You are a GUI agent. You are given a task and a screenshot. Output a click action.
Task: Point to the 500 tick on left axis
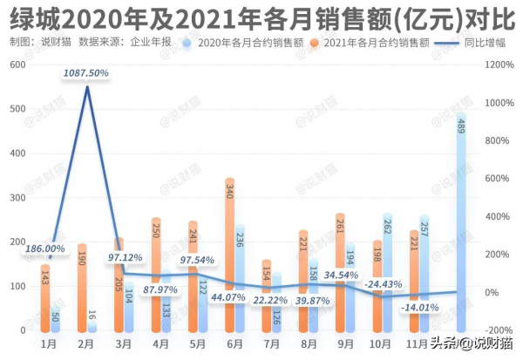pos(17,109)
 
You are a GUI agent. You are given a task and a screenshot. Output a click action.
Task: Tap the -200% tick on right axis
pos(499,331)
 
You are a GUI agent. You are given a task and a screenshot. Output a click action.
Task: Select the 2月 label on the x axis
pos(86,343)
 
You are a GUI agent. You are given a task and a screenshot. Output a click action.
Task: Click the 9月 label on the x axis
pos(344,343)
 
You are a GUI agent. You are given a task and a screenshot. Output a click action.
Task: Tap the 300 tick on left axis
pos(17,198)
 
